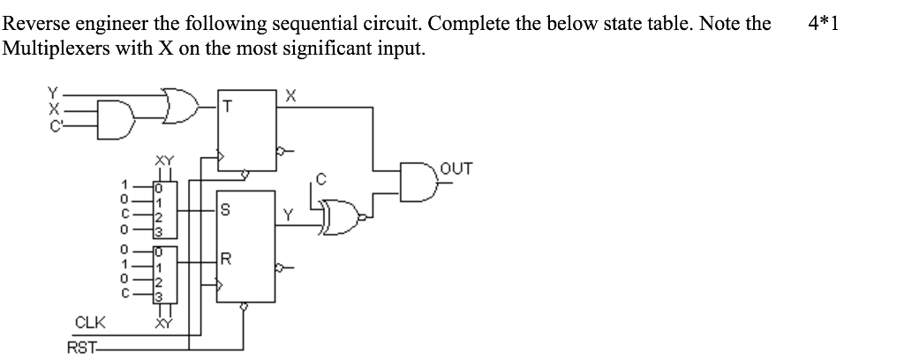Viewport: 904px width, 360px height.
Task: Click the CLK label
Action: [90, 321]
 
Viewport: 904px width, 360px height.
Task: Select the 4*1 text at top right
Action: [823, 22]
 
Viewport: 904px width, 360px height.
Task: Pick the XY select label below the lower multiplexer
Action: [163, 325]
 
